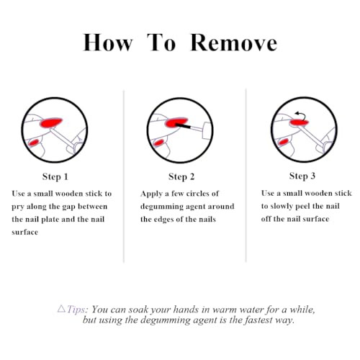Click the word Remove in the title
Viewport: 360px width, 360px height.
[233, 42]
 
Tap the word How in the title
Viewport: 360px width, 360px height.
[107, 42]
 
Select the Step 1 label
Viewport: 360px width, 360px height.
[55, 177]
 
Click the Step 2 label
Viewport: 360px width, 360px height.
[181, 177]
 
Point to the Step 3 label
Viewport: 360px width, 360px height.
[302, 176]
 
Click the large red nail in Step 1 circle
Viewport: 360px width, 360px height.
[51, 122]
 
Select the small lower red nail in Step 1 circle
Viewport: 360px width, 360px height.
[33, 143]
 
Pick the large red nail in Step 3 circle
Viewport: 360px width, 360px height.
[299, 123]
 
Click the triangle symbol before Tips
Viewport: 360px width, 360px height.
[62, 308]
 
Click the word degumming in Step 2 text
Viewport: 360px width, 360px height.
[162, 207]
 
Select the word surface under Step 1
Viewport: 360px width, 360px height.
[24, 233]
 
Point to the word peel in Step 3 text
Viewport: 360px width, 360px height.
[303, 207]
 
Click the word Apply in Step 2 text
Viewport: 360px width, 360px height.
[151, 194]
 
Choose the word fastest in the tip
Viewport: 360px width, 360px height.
[258, 320]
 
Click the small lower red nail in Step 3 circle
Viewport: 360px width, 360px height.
[283, 142]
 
